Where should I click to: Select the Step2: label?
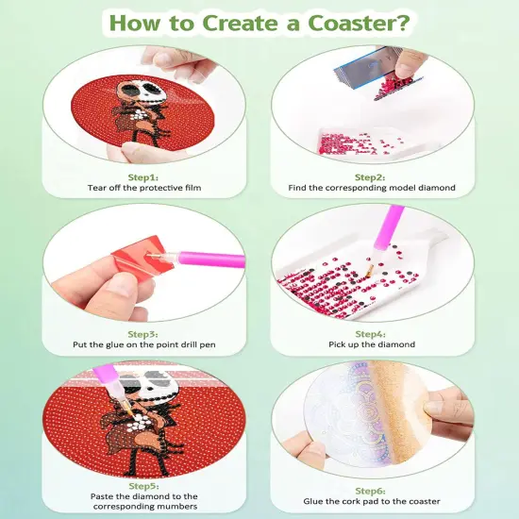point(371,176)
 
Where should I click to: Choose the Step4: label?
point(371,333)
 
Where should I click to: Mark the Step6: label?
point(371,491)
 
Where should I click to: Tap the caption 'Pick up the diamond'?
point(371,344)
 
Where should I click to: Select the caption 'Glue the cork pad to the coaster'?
point(371,501)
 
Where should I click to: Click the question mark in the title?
point(407,21)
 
